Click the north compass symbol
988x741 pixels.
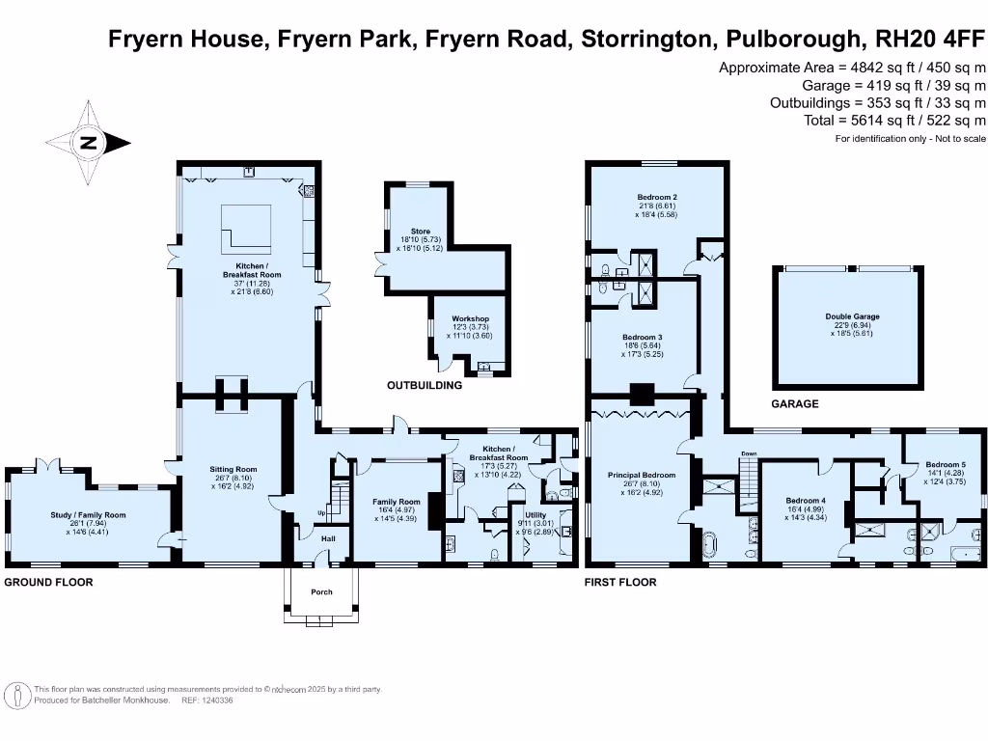click(x=89, y=144)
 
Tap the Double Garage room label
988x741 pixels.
click(x=852, y=316)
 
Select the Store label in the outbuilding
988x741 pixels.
click(x=420, y=232)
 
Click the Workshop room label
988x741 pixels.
click(x=471, y=319)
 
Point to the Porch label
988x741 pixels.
click(x=320, y=591)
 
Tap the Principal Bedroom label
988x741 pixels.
click(x=642, y=476)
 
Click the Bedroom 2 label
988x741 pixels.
click(x=656, y=198)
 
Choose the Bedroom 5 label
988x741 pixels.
click(x=939, y=464)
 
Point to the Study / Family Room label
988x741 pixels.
click(x=89, y=515)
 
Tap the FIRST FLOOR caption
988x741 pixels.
click(x=620, y=583)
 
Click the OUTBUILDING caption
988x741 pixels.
click(x=425, y=385)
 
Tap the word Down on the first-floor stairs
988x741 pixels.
click(x=749, y=453)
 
